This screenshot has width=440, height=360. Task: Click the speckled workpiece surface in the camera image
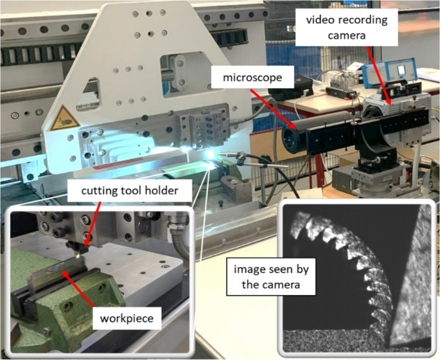click(334, 341)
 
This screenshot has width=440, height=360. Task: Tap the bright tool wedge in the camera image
click(414, 283)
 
